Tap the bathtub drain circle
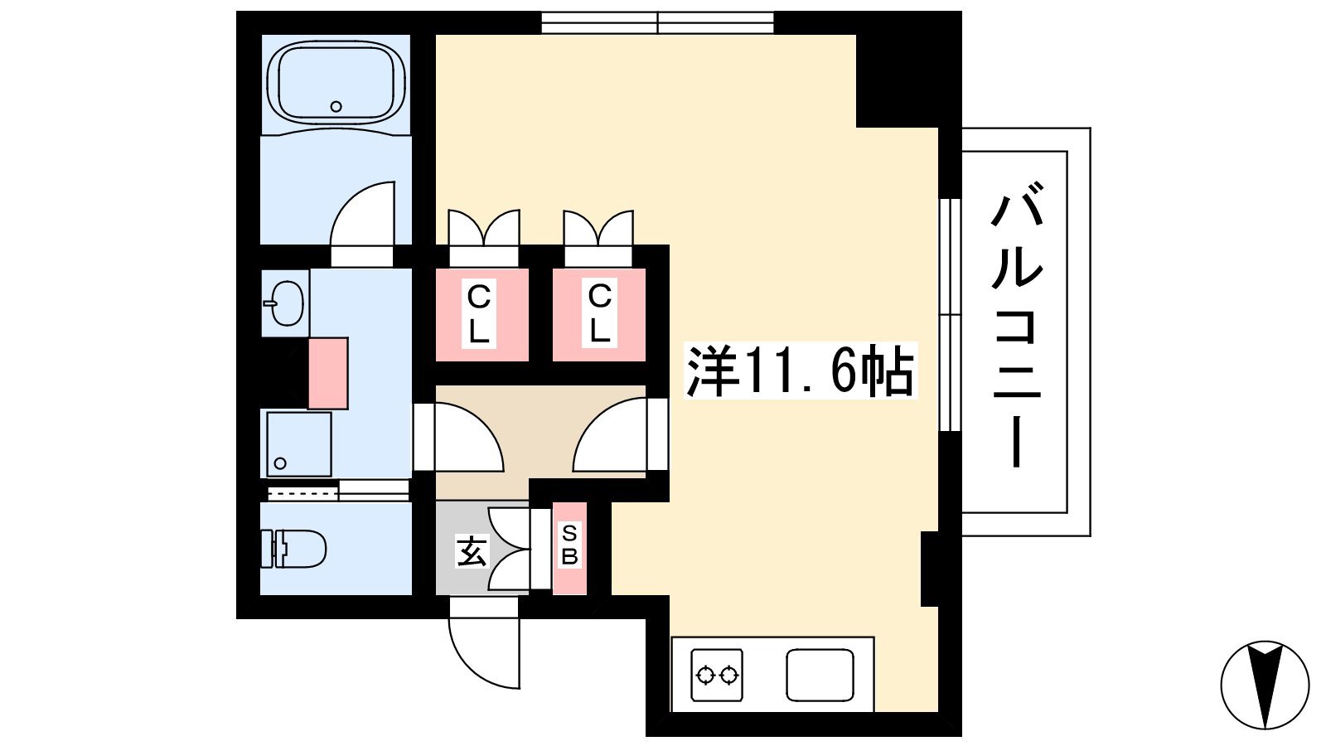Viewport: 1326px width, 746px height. point(336,107)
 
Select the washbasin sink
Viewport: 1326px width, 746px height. point(285,303)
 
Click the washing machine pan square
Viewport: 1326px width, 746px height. point(299,444)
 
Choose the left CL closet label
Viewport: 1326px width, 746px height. point(479,314)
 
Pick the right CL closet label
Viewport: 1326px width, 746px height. point(600,313)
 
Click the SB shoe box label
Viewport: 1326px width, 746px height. point(569,545)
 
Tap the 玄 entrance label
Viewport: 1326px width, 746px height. point(472,551)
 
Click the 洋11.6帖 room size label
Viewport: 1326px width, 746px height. point(801,370)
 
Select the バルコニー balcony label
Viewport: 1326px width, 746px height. point(1016,326)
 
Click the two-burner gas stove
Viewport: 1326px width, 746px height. point(717,675)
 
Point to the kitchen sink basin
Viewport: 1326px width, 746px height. point(820,676)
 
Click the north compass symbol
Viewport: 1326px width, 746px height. point(1265,685)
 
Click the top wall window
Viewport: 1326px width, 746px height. point(658,22)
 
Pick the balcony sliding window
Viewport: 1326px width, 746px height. point(950,314)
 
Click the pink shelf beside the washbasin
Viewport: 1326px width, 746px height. point(328,374)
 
